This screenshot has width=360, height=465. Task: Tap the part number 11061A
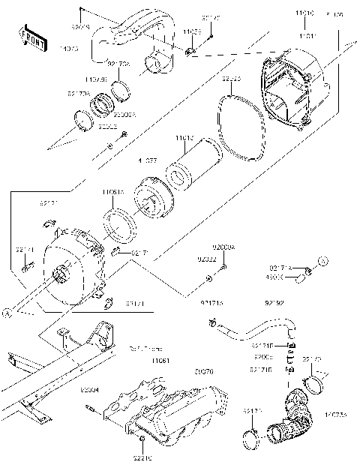pyautogui.click(x=113, y=193)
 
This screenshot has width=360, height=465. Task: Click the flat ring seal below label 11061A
pyautogui.click(x=118, y=223)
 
